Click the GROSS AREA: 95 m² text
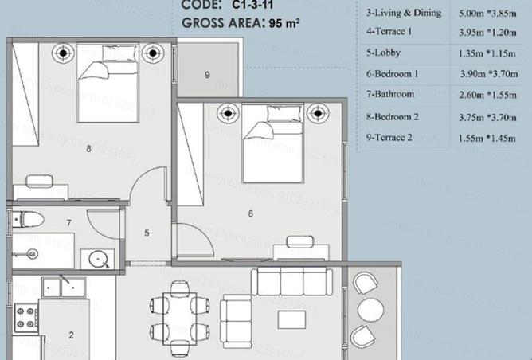click(x=241, y=23)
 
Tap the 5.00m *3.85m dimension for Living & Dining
click(x=487, y=14)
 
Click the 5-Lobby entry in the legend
click(x=383, y=54)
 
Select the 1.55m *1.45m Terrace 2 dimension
click(x=487, y=137)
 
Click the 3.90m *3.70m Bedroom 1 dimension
click(x=487, y=75)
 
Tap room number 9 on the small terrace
click(x=207, y=75)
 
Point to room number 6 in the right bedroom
click(x=250, y=213)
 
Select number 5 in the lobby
click(x=147, y=233)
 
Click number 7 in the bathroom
click(x=69, y=223)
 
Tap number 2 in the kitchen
click(x=71, y=335)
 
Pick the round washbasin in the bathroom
click(x=100, y=259)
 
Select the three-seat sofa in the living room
click(x=291, y=281)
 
